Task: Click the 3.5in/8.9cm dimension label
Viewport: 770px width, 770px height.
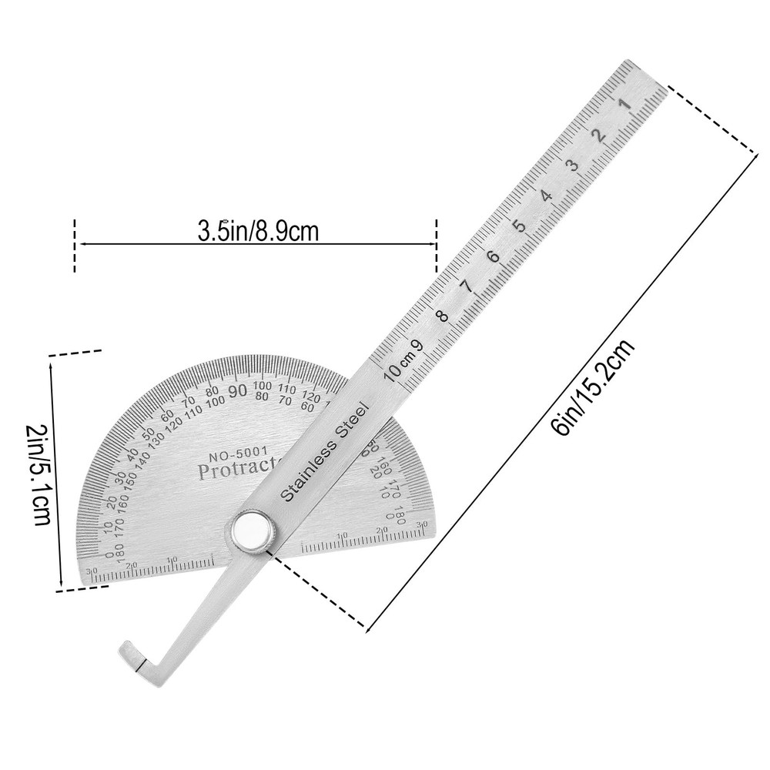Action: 258,230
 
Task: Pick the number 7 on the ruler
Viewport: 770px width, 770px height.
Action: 467,286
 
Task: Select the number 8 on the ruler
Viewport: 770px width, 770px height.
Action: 441,316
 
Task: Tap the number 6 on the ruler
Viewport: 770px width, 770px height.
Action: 494,257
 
